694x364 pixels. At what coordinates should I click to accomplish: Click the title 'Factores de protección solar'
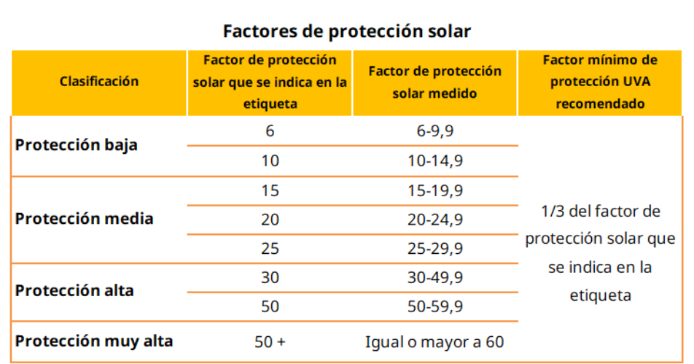pos(347,31)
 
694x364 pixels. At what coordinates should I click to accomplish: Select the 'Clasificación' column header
pos(99,82)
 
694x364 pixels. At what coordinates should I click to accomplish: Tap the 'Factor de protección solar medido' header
pos(435,82)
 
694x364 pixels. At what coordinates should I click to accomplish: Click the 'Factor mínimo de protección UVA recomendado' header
pos(600,82)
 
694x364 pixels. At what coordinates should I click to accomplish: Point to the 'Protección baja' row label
pos(77,144)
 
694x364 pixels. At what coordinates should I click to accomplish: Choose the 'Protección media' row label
pos(85,218)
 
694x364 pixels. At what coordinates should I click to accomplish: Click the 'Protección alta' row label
pos(74,290)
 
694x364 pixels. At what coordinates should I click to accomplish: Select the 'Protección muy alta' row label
pos(94,341)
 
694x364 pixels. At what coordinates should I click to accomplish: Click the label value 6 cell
pos(270,132)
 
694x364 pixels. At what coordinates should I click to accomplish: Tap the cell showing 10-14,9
pos(435,161)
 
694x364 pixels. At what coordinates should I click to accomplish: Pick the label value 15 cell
pos(270,190)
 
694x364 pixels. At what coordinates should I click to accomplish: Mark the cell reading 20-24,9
pos(435,220)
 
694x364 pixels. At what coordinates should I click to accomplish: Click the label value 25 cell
pos(270,249)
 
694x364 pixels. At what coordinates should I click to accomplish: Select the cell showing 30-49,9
pos(435,278)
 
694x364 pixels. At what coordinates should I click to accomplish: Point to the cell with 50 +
pos(270,341)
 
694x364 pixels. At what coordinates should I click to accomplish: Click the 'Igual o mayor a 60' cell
pos(435,341)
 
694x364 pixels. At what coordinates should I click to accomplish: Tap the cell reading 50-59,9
pos(435,307)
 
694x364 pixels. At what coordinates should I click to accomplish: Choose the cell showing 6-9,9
pos(435,132)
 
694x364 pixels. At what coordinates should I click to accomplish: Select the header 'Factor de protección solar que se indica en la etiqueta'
pos(270,82)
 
